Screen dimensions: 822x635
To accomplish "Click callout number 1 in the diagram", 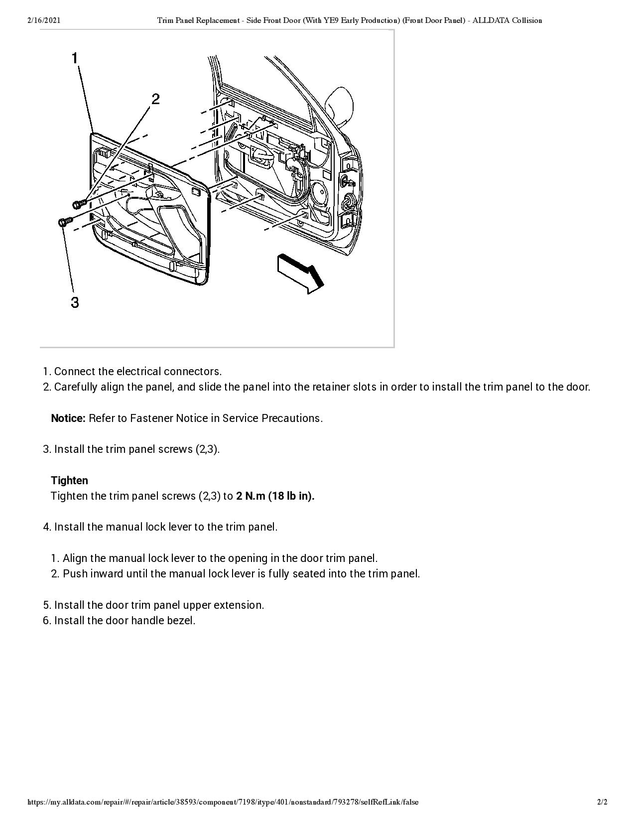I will point(75,58).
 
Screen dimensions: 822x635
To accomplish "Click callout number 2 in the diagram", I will point(155,99).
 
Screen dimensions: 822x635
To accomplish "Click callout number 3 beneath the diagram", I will point(75,302).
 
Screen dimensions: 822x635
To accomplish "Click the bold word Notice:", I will point(68,418).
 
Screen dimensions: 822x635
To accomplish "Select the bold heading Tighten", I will point(69,480).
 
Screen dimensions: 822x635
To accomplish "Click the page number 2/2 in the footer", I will point(603,802).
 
